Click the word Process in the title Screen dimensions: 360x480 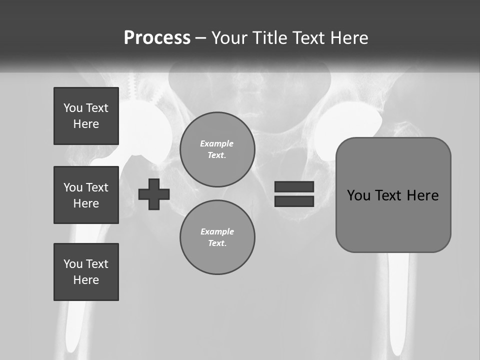point(157,38)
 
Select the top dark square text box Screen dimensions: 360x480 point(86,116)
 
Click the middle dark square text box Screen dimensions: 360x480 point(86,195)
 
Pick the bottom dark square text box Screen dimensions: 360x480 point(86,272)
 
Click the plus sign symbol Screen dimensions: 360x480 point(154,194)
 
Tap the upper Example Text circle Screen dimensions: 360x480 point(217,149)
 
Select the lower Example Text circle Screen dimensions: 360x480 point(217,237)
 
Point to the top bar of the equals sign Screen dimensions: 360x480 point(294,186)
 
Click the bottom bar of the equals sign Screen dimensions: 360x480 point(294,201)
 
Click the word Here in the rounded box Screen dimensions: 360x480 point(422,195)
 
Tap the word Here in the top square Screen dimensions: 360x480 point(86,124)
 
